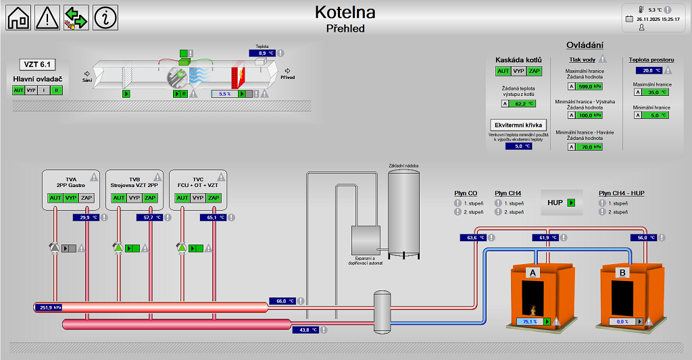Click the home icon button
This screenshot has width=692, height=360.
pyautogui.click(x=19, y=18)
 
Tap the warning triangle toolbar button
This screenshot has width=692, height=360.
pyautogui.click(x=47, y=18)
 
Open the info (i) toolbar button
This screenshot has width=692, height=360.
pyautogui.click(x=105, y=18)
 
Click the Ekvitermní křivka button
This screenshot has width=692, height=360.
pyautogui.click(x=518, y=125)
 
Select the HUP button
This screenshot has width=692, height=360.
pyautogui.click(x=562, y=202)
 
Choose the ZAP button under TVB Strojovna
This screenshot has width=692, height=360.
pyautogui.click(x=150, y=198)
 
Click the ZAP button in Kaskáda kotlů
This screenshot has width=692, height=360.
pyautogui.click(x=535, y=71)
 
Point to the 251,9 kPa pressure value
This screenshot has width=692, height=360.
pyautogui.click(x=50, y=307)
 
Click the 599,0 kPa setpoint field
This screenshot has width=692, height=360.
pyautogui.click(x=585, y=86)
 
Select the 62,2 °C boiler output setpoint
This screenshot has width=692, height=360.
pyautogui.click(x=520, y=104)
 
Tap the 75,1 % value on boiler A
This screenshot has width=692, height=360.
pyautogui.click(x=530, y=322)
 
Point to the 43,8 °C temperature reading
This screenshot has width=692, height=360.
pyautogui.click(x=305, y=330)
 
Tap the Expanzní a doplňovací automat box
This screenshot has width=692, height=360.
pyautogui.click(x=366, y=240)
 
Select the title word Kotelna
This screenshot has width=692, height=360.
pyautogui.click(x=345, y=12)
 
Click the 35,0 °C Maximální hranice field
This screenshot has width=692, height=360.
pyautogui.click(x=653, y=93)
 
